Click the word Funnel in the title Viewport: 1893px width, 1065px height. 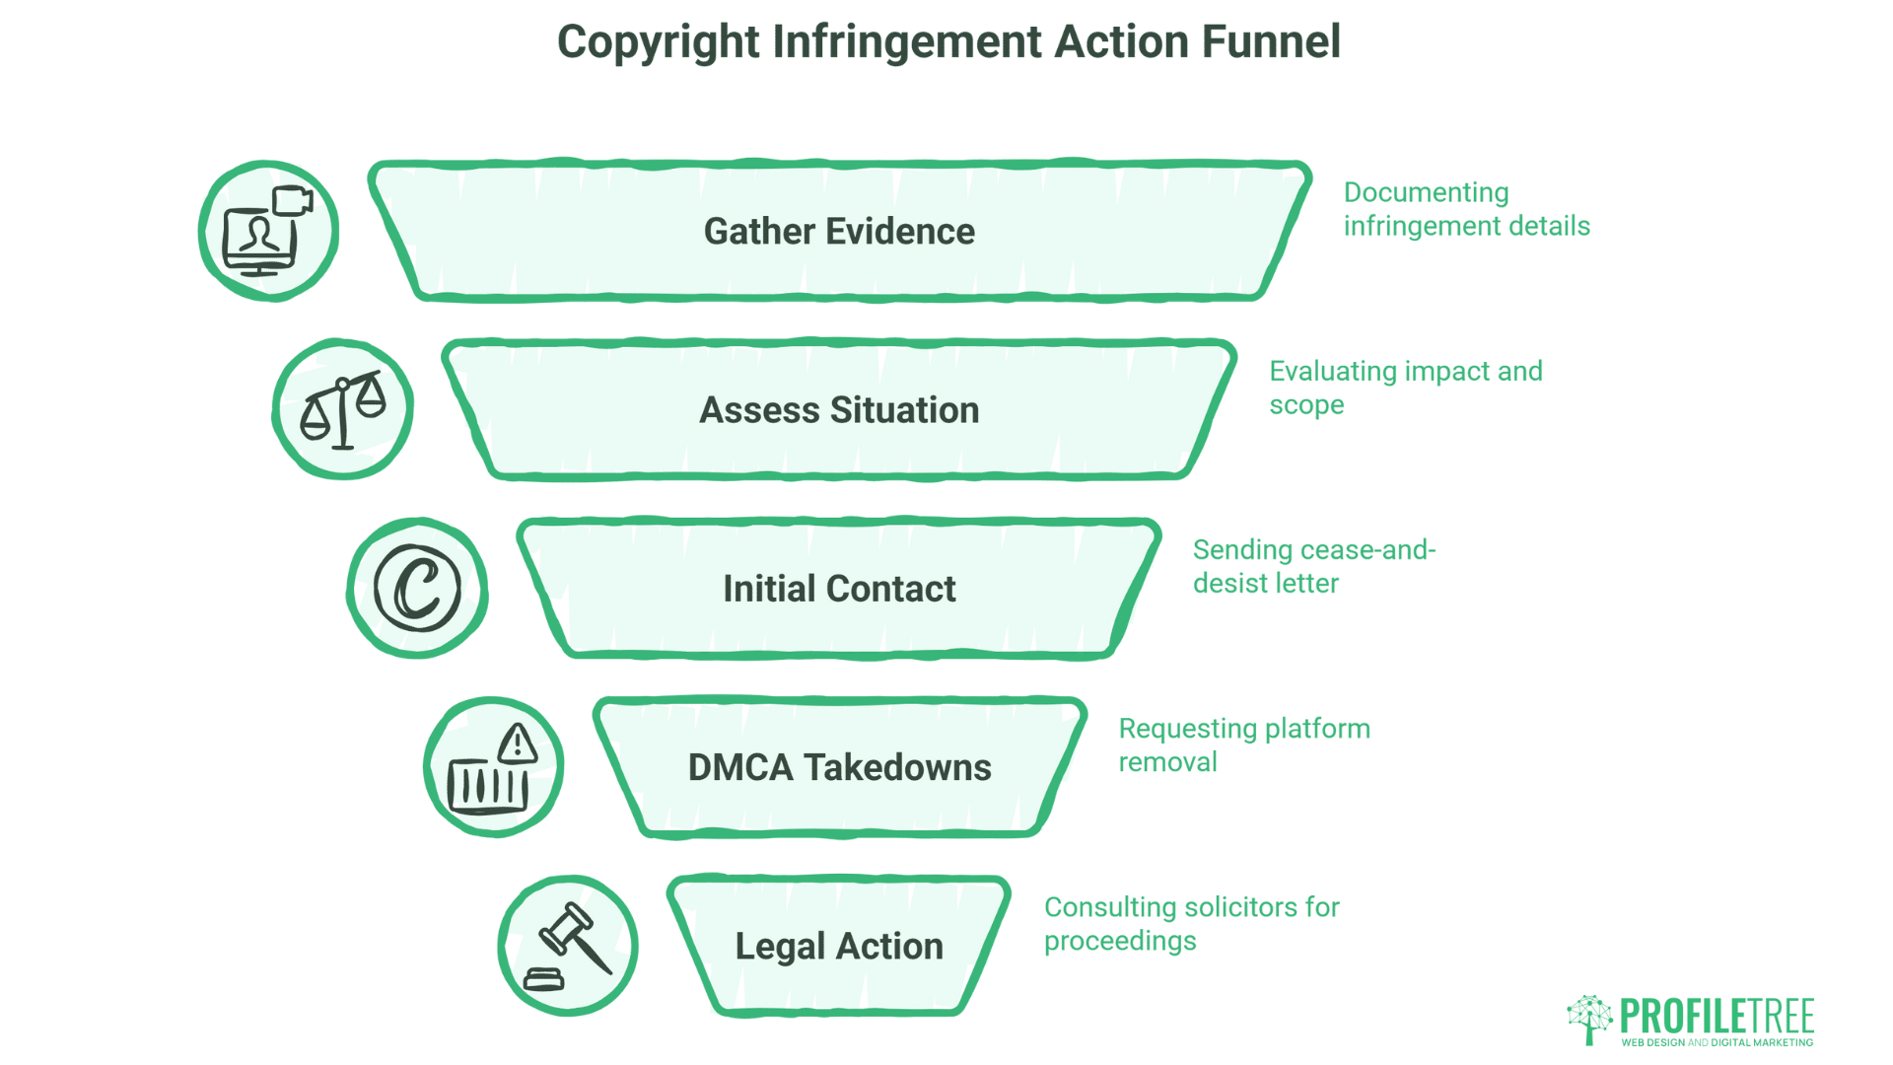1271,42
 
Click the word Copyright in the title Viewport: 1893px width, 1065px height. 658,42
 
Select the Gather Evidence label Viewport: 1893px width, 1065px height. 839,232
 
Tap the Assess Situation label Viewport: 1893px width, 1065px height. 839,410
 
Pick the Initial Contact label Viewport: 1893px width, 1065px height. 839,589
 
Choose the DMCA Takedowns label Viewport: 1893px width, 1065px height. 839,767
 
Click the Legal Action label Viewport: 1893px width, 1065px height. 839,946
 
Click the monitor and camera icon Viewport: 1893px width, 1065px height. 268,232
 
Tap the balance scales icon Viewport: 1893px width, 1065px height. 343,410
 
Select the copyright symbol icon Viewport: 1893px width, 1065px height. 417,589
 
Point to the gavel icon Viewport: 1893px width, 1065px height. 569,946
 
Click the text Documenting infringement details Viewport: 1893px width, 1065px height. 1465,209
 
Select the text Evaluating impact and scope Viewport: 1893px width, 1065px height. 1405,388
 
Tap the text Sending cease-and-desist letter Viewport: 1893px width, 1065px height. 1313,566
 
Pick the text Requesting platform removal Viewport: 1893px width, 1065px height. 1243,745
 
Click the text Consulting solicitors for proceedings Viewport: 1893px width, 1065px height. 1191,923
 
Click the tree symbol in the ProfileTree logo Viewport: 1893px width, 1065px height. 1588,1019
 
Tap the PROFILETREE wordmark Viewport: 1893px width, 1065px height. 1717,1016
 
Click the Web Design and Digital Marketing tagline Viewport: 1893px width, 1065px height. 1717,1042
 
